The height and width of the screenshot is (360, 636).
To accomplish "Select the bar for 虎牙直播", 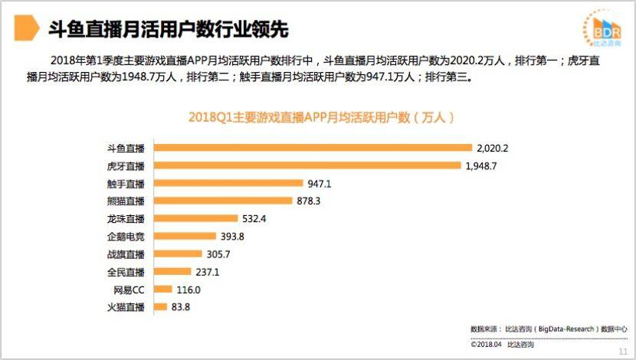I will tap(307, 165).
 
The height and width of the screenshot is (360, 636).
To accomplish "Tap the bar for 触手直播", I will tap(229, 183).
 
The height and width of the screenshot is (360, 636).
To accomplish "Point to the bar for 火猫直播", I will tap(160, 307).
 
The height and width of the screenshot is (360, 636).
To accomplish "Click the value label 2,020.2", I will tap(493, 148).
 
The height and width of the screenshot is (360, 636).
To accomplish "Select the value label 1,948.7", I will tap(482, 165).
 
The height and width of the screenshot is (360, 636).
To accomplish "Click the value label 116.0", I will tap(188, 290).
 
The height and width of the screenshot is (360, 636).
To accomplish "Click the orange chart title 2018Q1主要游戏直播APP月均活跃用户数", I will tap(322, 118).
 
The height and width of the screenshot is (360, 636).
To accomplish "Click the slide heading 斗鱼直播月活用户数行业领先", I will tap(168, 30).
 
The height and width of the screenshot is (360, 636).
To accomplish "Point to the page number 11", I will tap(623, 351).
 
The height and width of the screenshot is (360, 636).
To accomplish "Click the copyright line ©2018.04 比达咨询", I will tap(502, 345).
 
